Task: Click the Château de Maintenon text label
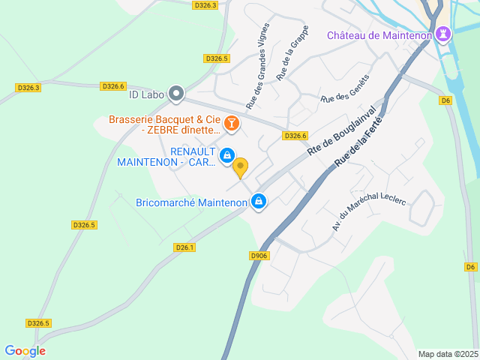click(378, 35)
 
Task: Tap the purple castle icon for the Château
click(444, 34)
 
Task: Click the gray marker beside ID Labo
click(176, 94)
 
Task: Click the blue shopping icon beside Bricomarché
click(259, 201)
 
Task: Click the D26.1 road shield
click(184, 247)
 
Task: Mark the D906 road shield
click(259, 256)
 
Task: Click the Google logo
click(25, 350)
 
